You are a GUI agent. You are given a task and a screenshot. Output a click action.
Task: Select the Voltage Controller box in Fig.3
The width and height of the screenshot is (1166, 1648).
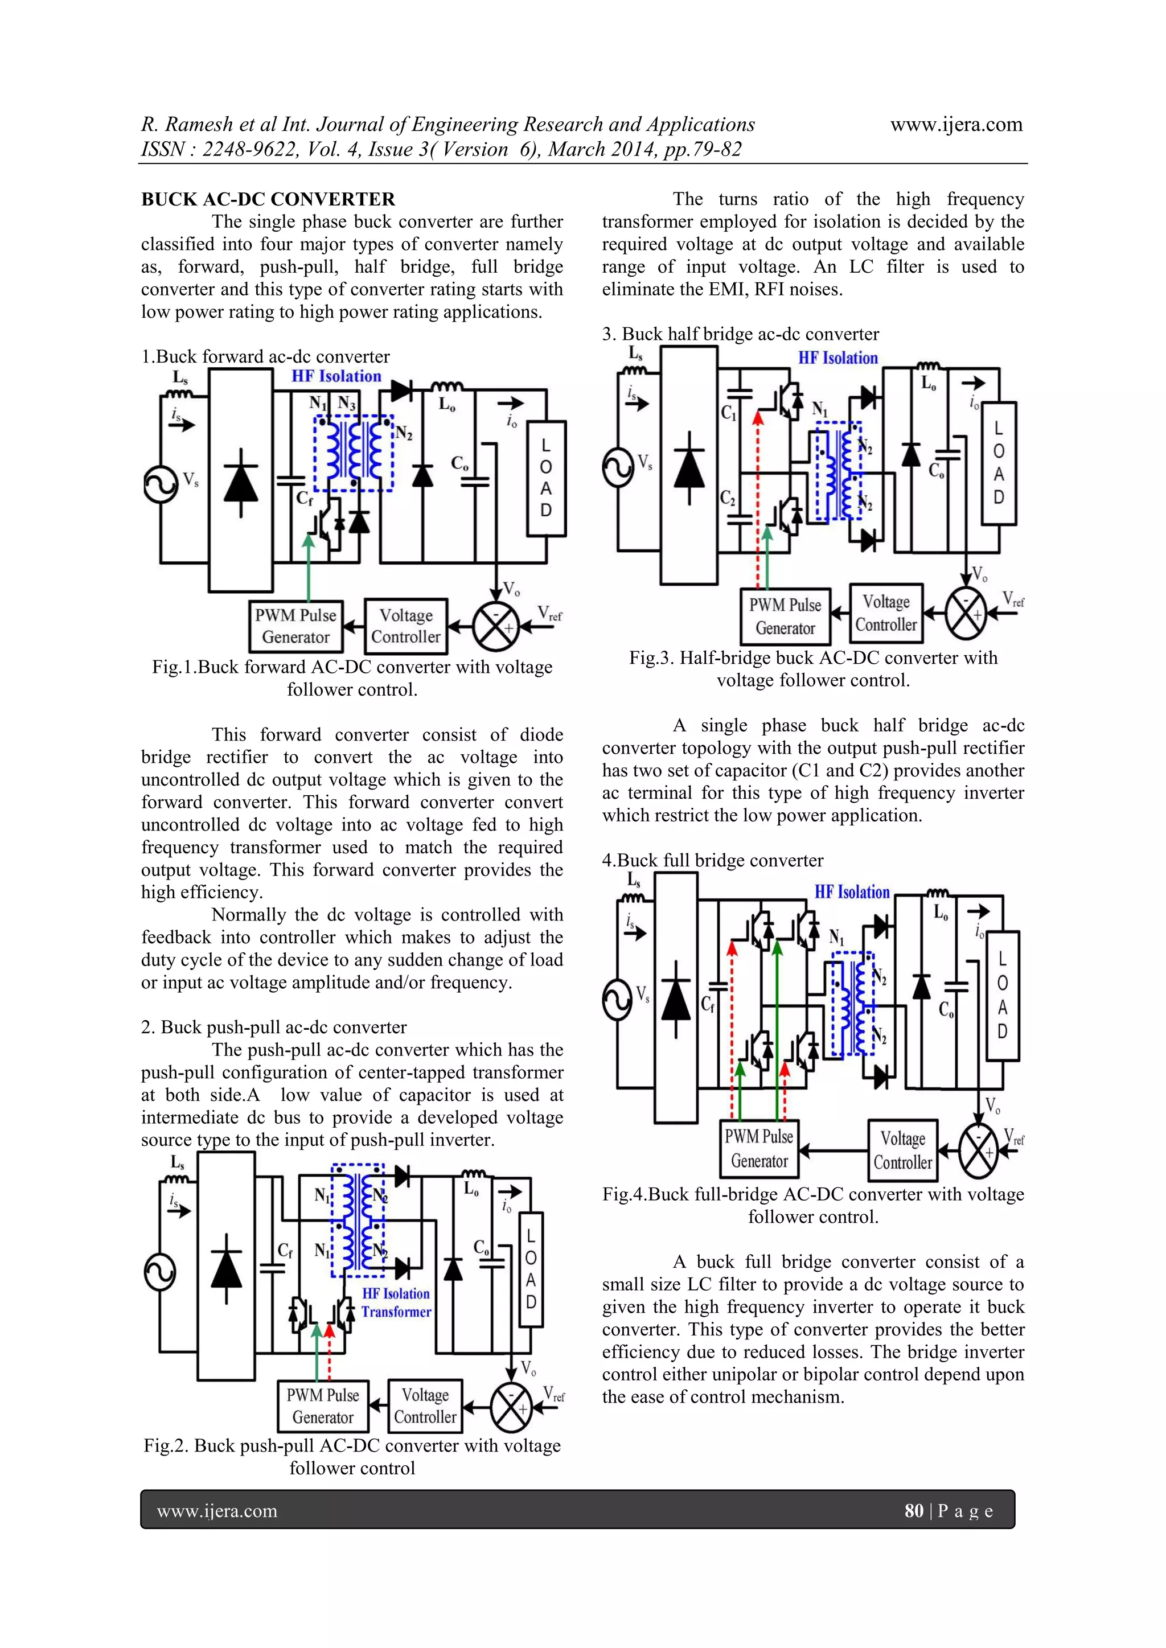(x=885, y=613)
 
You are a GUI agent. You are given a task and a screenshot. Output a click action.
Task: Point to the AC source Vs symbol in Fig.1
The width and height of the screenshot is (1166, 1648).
(x=160, y=484)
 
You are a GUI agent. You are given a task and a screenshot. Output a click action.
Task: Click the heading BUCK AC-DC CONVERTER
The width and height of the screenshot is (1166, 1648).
(x=268, y=200)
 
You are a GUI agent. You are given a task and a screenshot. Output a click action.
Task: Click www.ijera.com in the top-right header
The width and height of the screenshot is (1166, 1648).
(x=956, y=124)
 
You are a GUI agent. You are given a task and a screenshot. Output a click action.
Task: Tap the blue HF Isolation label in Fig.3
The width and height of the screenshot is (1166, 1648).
(x=838, y=358)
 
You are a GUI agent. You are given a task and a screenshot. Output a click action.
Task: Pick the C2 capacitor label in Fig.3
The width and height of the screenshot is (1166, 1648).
(x=727, y=498)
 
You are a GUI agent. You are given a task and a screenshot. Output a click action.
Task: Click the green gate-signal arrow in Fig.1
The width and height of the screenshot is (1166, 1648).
(x=309, y=567)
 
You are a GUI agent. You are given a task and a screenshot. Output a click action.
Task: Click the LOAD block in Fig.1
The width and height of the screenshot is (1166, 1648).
(x=547, y=479)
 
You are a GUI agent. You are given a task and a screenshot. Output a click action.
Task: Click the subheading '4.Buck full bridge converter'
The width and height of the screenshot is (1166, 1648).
(x=712, y=860)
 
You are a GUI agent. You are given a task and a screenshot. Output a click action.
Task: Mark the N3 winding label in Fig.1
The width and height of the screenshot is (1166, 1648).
(x=347, y=404)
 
